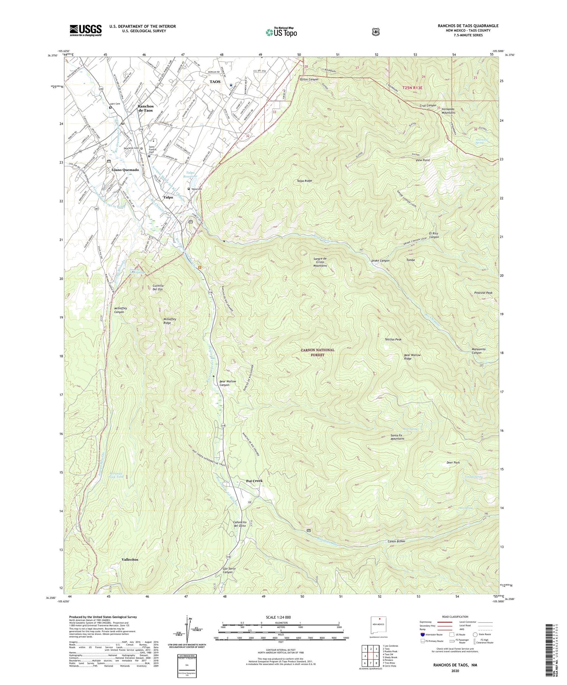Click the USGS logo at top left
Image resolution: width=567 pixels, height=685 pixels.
point(85,30)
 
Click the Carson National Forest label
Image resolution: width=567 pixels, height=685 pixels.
point(318,352)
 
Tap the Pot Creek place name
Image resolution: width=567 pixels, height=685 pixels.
point(251,481)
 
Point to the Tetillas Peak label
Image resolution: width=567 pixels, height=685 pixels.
point(393,339)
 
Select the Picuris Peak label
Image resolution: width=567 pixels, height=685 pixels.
point(483,293)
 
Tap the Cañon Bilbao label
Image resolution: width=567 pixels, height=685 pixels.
point(397,541)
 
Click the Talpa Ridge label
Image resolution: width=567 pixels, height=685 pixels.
point(304,181)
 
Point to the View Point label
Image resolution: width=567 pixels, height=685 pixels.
point(423,160)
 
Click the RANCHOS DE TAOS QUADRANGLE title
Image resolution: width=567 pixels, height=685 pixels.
point(468,26)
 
